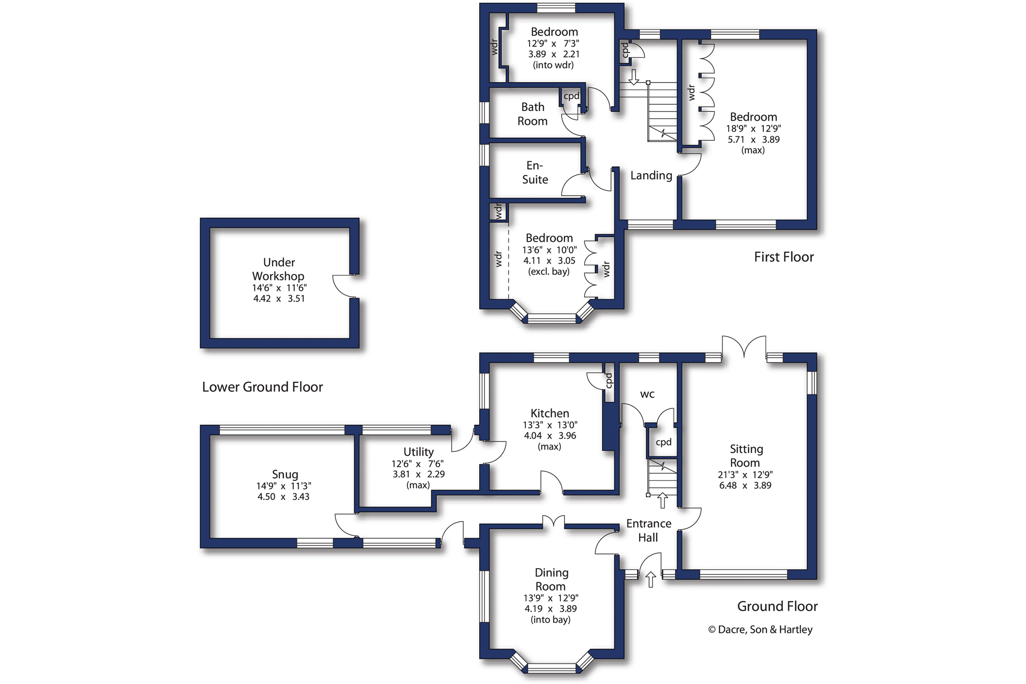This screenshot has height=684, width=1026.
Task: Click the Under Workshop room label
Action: point(278,269)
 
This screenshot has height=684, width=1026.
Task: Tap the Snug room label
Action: point(285,474)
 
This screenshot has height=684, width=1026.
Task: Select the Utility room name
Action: point(418,452)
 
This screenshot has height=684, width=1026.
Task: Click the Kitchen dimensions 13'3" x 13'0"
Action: point(550,425)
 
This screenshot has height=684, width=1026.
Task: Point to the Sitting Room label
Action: point(746,456)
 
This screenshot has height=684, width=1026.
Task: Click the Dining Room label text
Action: point(551,579)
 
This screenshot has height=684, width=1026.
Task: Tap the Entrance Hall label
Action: point(649,530)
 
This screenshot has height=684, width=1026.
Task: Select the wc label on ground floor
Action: point(647,394)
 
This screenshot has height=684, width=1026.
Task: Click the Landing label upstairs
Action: point(651,175)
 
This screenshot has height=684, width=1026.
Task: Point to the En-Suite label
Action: point(535,172)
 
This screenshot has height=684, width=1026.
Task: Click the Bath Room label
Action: point(532,114)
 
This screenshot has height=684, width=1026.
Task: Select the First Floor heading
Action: point(783,257)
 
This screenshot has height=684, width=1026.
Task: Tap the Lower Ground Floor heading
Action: point(262,387)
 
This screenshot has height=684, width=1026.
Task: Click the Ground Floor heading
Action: point(777,606)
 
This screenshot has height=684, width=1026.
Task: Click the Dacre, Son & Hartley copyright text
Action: point(761,629)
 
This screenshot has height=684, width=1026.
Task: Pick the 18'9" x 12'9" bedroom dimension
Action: point(753,128)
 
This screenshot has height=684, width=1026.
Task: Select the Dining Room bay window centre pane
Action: point(551,669)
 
